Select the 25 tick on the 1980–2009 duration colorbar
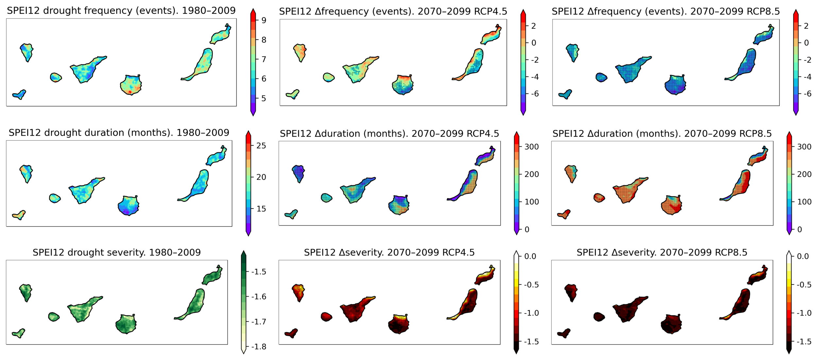click(x=261, y=146)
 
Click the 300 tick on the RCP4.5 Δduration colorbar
click(x=531, y=147)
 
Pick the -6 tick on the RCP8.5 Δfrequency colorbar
click(x=807, y=94)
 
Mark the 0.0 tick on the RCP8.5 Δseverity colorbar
click(x=803, y=256)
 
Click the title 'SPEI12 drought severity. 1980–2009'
click(x=117, y=252)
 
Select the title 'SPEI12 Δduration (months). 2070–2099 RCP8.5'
click(x=662, y=133)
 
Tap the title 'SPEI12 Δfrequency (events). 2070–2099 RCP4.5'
click(x=393, y=11)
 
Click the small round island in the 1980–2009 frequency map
click(x=56, y=77)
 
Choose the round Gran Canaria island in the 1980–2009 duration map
click(x=128, y=205)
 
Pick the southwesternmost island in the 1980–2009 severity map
click(x=19, y=333)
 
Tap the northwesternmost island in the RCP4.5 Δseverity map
click(x=298, y=292)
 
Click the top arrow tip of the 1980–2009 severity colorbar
click(x=244, y=251)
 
